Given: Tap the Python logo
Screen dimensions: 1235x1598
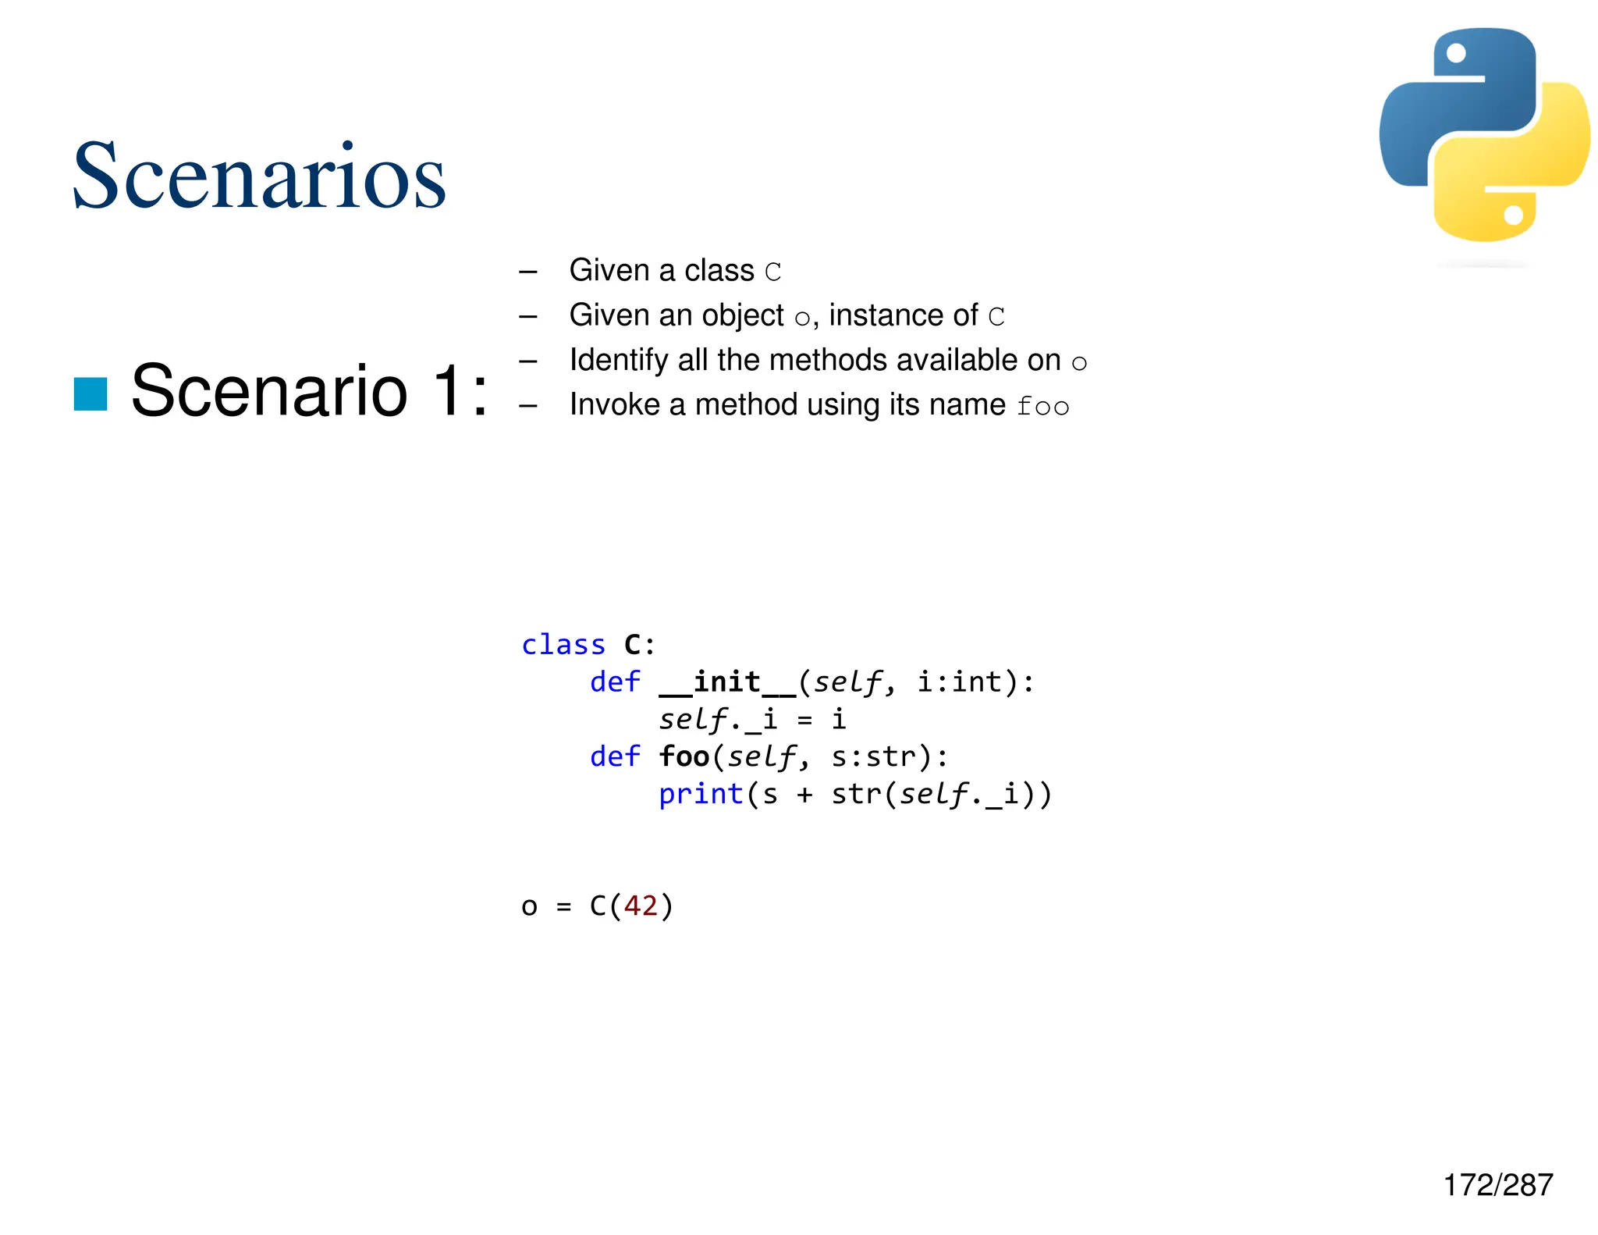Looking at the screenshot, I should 1484,135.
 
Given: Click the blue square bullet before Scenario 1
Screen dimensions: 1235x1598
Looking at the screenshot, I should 91,393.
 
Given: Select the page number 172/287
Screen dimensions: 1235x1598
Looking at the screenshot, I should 1497,1185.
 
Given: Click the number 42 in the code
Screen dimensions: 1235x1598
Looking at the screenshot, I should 641,906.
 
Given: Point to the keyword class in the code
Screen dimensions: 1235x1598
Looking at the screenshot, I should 563,645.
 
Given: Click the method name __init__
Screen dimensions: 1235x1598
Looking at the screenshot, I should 728,682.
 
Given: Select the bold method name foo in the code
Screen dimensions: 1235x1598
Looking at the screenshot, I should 684,756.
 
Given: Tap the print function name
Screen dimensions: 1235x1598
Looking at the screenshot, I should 701,794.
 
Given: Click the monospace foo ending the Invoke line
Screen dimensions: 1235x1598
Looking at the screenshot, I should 1043,406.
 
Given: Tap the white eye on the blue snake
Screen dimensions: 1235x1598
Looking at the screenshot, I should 1456,52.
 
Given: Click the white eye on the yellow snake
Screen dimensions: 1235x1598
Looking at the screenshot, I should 1513,215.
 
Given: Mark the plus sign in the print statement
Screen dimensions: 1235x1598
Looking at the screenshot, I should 804,795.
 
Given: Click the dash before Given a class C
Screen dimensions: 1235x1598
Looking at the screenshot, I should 528,272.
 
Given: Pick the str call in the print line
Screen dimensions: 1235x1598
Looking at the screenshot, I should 857,794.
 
